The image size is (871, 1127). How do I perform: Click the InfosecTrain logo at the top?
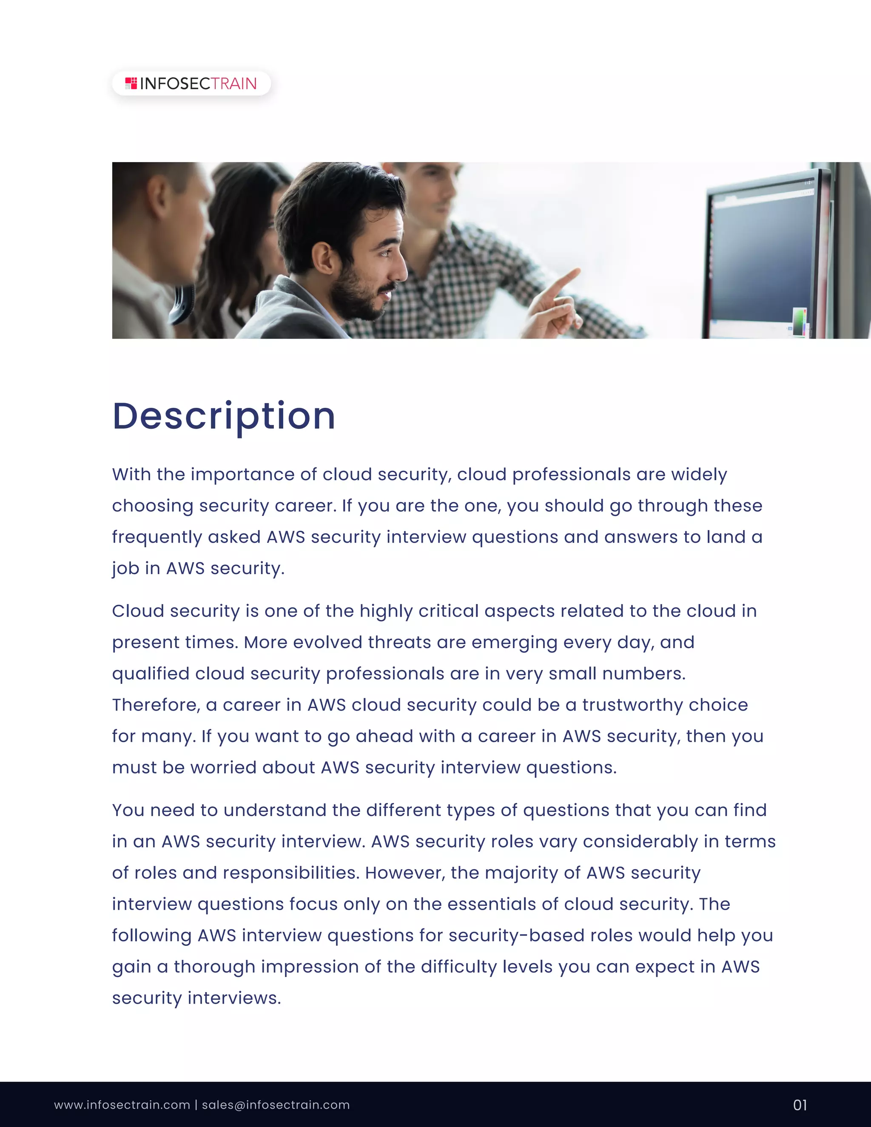point(191,84)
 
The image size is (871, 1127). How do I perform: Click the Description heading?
point(224,416)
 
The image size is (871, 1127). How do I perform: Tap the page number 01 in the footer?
point(800,1105)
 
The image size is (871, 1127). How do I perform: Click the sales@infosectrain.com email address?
point(276,1105)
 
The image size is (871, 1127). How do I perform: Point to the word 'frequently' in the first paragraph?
point(157,537)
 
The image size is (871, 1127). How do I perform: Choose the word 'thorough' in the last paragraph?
point(214,967)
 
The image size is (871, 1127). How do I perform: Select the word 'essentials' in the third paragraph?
point(491,904)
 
